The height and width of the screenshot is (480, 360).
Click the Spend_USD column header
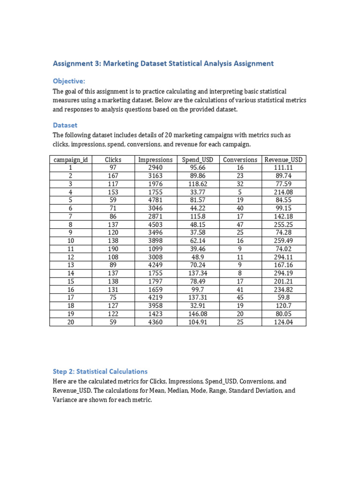pos(197,160)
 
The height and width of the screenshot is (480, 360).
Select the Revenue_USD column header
pos(283,160)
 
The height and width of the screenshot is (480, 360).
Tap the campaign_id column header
pos(70,160)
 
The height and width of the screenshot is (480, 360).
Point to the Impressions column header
pos(155,160)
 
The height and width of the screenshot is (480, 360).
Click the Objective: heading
pos(69,81)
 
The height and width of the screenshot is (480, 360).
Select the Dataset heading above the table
pos(65,125)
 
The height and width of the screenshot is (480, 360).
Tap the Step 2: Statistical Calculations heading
pos(100,371)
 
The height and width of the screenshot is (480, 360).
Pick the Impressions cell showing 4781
pos(155,200)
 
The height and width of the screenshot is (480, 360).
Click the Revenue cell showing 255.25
pos(283,225)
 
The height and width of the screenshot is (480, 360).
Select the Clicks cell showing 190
pos(113,249)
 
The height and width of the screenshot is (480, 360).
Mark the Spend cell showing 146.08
pos(197,314)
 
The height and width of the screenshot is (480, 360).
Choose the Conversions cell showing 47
pos(240,225)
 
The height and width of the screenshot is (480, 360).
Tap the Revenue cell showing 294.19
pos(283,273)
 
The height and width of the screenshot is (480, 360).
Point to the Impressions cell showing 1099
pos(155,249)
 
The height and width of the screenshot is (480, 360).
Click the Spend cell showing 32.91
pos(197,306)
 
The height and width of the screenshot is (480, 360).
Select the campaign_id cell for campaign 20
pos(70,322)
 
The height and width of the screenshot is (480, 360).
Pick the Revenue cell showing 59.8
pos(283,298)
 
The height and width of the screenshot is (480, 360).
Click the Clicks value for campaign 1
pos(113,168)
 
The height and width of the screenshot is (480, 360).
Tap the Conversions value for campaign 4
pos(240,192)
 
